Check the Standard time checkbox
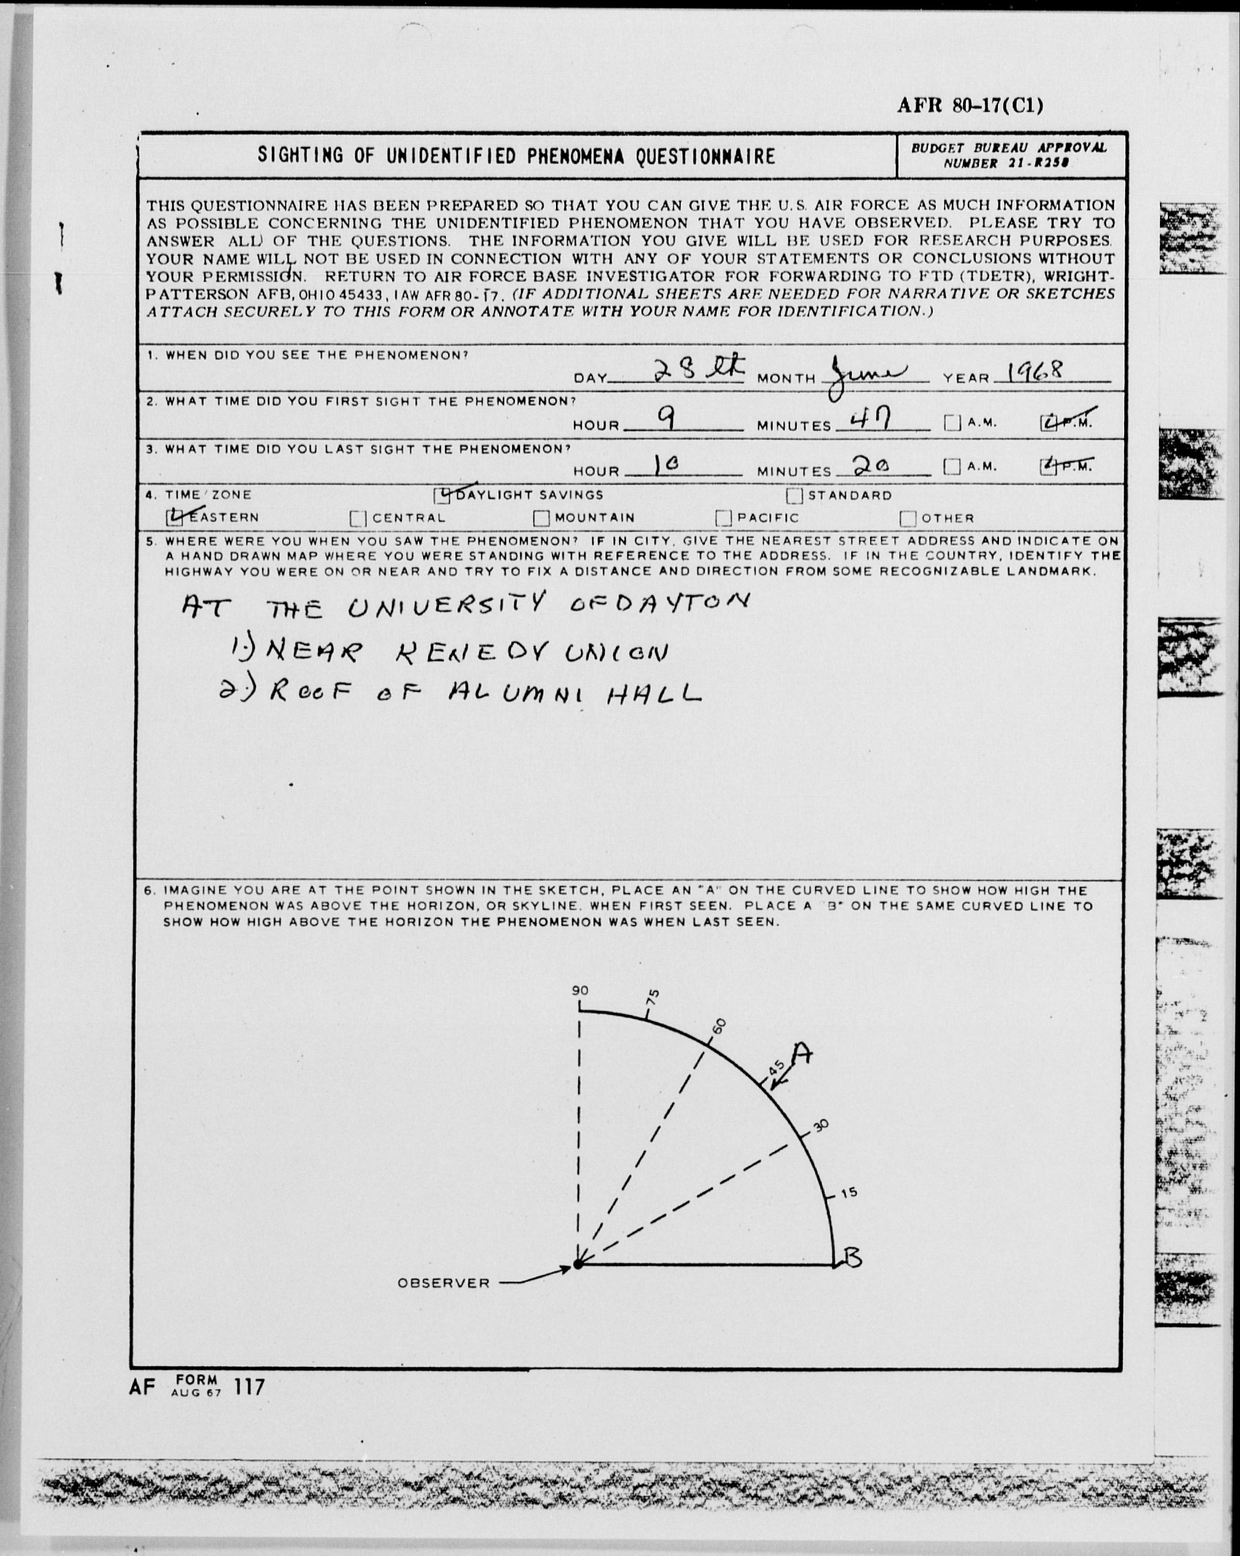pos(794,496)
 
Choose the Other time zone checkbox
pos(909,519)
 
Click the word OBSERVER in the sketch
pos(444,1283)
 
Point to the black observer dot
pos(578,1264)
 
